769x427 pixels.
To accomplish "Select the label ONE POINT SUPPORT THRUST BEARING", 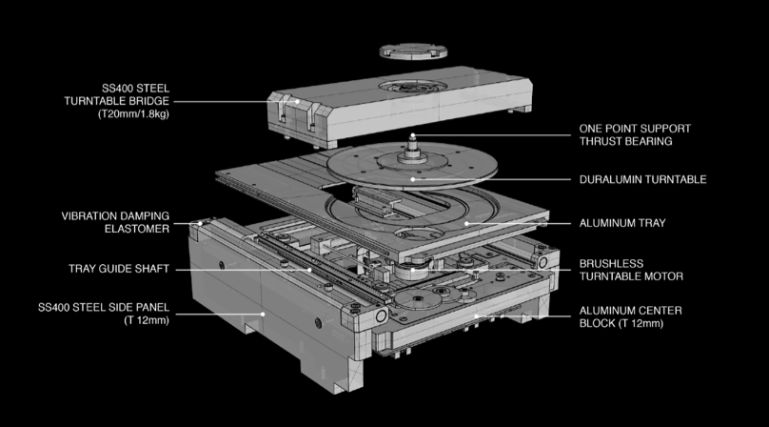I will [635, 134].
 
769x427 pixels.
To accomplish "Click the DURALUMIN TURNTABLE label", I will [643, 178].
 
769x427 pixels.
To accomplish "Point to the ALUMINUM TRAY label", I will [622, 223].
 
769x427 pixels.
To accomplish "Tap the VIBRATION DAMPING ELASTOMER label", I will [116, 222].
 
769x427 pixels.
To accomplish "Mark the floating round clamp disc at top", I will [413, 51].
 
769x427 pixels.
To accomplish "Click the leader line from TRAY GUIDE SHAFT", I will [238, 269].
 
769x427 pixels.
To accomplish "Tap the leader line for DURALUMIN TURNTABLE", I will [495, 178].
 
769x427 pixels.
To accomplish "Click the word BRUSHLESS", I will [612, 263].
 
